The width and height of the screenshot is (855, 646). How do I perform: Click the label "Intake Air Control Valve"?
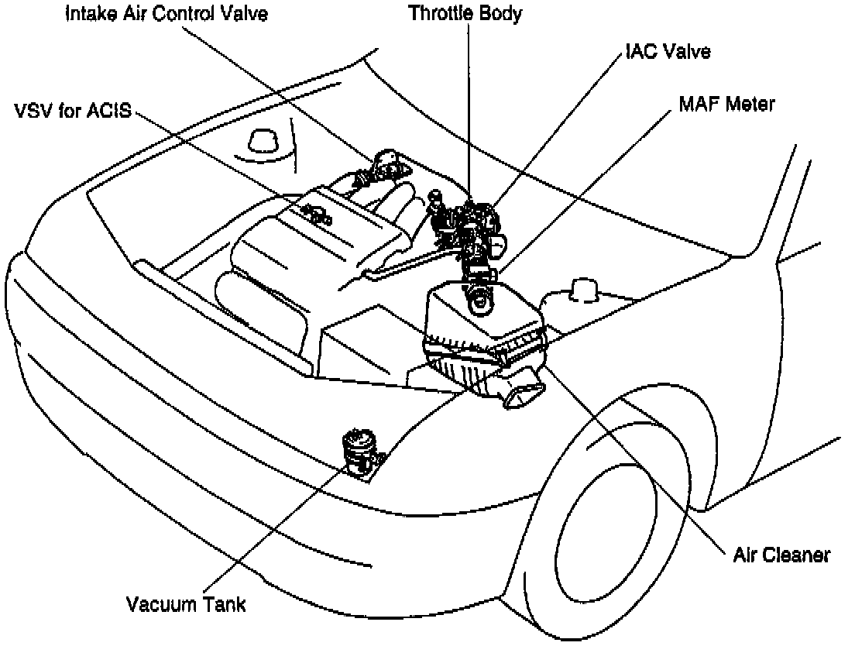167,15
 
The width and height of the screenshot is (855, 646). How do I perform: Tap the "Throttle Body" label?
465,13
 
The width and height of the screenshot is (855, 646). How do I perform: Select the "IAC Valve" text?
668,52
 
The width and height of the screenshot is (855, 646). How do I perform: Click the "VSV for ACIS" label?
74,112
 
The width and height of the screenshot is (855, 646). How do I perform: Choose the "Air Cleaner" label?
781,555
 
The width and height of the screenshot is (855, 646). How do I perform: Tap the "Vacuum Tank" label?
187,603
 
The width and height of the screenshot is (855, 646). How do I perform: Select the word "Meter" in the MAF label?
748,103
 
